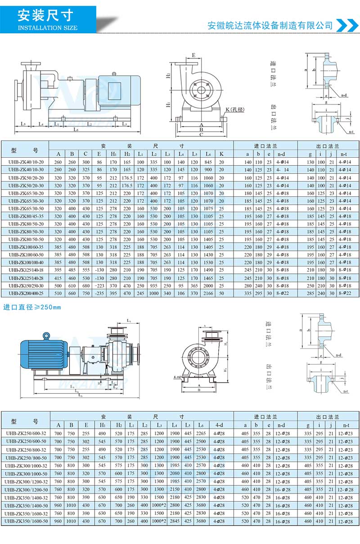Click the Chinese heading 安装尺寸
click(45, 16)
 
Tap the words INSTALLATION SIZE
click(47, 28)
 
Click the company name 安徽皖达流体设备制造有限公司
click(270, 26)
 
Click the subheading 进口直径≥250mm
click(32, 308)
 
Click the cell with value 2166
click(208, 293)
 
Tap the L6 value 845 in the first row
click(208, 162)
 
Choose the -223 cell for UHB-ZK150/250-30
click(99, 286)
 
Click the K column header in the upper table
click(221, 154)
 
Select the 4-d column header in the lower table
click(219, 425)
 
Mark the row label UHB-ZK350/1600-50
click(26, 521)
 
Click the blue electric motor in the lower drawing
click(43, 353)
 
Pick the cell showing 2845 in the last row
click(174, 521)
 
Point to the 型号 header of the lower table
click(26, 421)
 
